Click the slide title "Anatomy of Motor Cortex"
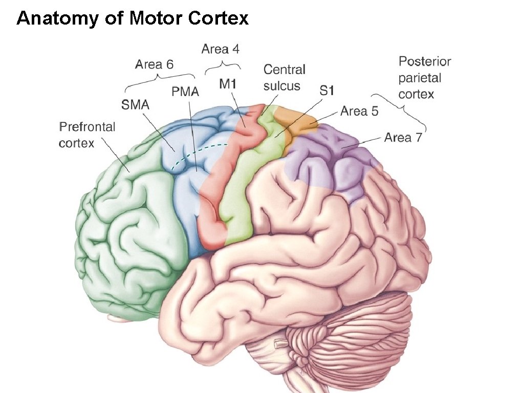click(133, 19)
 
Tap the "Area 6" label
click(154, 64)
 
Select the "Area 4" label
click(220, 49)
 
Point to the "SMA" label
click(135, 105)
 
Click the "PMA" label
click(185, 93)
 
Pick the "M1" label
click(227, 84)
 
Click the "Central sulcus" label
click(284, 77)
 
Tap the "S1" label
click(326, 91)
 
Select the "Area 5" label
click(359, 112)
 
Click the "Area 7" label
click(403, 138)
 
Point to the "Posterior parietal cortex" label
click(424, 78)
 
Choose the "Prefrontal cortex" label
click(87, 135)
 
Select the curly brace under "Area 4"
click(223, 67)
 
